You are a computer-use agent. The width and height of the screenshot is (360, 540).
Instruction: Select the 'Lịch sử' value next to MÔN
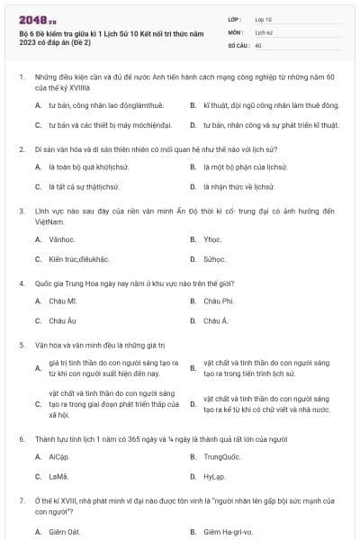click(x=264, y=31)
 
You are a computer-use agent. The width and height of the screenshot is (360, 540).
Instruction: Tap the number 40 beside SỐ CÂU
click(x=258, y=44)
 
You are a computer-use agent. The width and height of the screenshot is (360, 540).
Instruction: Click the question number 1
click(x=21, y=78)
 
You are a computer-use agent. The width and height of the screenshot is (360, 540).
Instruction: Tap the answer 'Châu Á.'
click(x=216, y=320)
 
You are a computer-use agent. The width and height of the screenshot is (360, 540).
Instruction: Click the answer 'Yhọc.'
click(x=213, y=239)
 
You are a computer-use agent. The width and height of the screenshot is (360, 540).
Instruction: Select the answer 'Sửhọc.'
click(x=215, y=259)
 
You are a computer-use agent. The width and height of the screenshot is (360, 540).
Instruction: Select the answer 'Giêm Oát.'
click(x=65, y=532)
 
